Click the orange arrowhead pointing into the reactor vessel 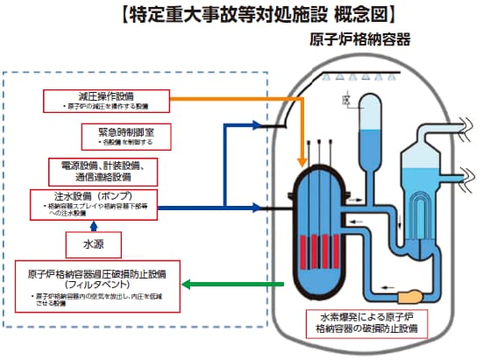(x=303, y=161)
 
